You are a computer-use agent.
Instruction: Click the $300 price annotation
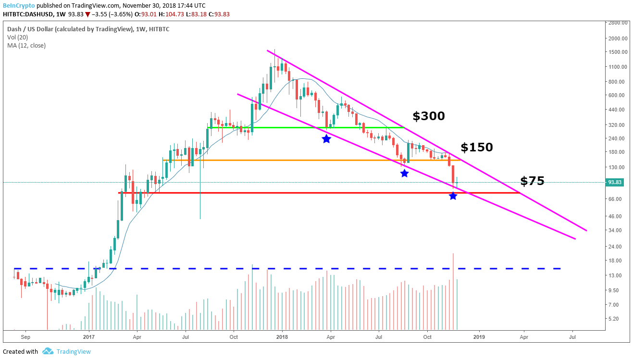[428, 116]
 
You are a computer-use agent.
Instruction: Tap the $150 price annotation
[476, 147]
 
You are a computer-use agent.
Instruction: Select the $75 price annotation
[532, 181]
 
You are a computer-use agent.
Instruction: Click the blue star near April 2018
[326, 139]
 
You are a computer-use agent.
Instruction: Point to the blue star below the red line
[453, 196]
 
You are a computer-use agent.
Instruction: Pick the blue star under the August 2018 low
[404, 173]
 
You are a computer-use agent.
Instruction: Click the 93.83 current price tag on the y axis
[615, 182]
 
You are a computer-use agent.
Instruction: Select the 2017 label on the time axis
[88, 337]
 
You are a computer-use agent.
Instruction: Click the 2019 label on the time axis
[478, 337]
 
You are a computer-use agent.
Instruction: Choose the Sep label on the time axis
[26, 337]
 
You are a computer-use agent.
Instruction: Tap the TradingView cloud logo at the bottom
[48, 351]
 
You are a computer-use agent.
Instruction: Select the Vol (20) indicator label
[17, 37]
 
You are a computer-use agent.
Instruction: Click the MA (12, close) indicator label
[26, 45]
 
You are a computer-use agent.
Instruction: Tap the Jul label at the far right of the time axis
[572, 337]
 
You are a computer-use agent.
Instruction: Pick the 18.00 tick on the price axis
[616, 261]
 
